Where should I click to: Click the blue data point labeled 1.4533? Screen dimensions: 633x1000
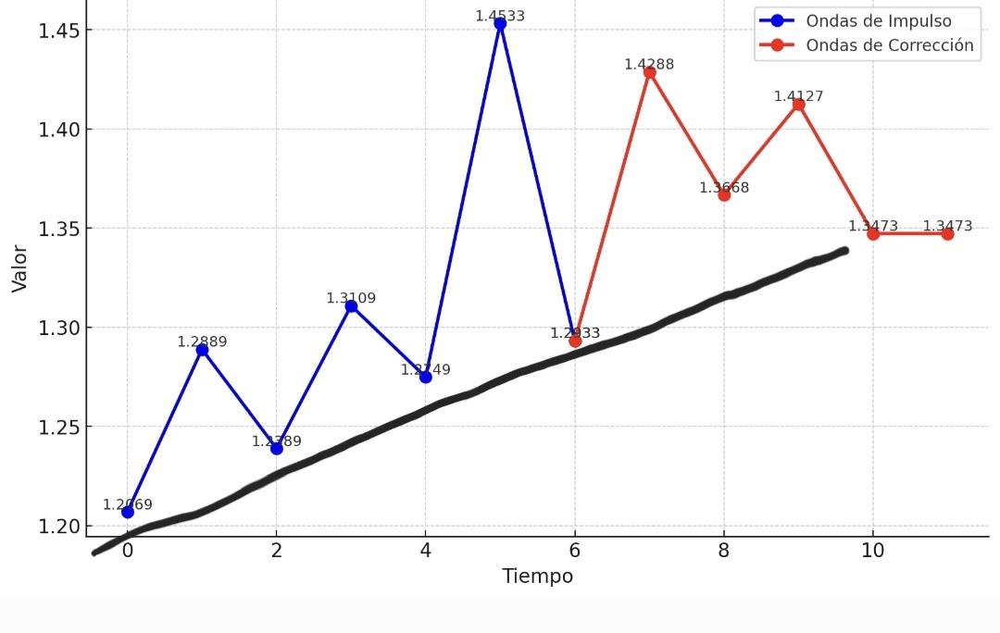coord(500,24)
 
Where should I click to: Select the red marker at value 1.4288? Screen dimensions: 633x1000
coord(649,72)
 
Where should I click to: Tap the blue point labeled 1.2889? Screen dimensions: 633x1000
coord(202,350)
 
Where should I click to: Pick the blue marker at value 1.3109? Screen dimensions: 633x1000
coord(351,306)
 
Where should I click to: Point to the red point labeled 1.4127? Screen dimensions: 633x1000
coord(798,105)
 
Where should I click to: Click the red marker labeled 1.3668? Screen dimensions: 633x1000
coord(724,194)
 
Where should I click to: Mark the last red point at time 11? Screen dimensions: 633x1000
coord(947,234)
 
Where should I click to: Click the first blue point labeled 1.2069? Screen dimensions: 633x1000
coord(128,512)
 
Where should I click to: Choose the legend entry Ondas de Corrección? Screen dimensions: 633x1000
coord(889,45)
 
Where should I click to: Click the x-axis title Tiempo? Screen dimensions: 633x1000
coord(537,577)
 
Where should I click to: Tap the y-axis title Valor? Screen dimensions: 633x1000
coord(19,268)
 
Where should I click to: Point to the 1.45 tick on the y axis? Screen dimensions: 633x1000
coord(58,31)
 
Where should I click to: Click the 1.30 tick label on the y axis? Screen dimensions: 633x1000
coord(58,329)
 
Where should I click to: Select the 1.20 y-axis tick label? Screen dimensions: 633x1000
coord(58,527)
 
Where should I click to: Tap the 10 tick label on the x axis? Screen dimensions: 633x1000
coord(872,551)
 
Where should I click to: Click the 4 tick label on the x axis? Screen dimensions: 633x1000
coord(425,551)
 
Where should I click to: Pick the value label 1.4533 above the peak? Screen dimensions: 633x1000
coord(500,16)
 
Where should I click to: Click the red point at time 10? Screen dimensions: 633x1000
coord(873,234)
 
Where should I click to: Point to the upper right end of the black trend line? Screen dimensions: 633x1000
coord(843,250)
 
